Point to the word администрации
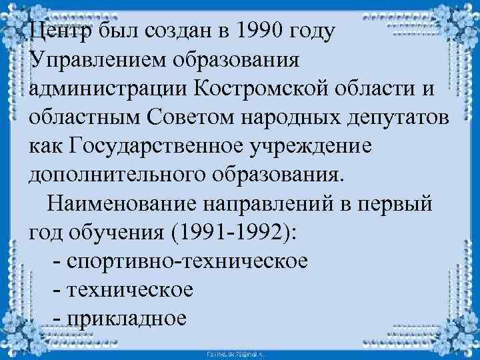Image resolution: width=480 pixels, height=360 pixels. (x=109, y=89)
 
